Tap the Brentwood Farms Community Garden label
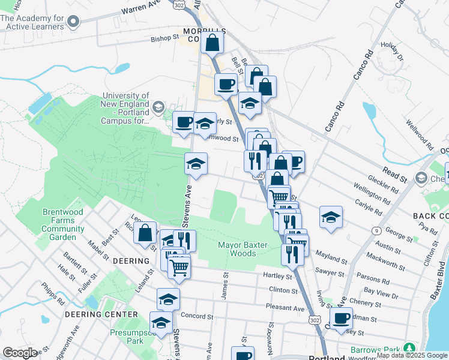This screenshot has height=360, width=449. [x=59, y=224]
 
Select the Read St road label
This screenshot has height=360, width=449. [x=395, y=175]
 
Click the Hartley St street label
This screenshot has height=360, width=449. [x=277, y=275]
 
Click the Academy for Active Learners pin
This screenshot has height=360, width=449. [x=74, y=22]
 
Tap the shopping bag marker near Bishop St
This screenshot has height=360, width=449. [x=212, y=43]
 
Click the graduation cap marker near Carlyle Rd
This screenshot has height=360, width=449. [x=330, y=218]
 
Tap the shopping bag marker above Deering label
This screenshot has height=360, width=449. [x=145, y=234]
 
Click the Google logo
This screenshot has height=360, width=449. [x=20, y=353]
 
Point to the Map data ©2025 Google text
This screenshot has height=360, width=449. [x=412, y=355]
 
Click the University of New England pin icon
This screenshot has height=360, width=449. [x=158, y=108]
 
